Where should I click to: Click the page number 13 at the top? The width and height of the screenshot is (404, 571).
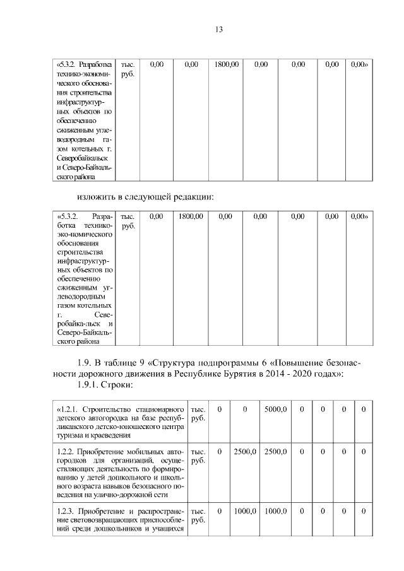pos(219,30)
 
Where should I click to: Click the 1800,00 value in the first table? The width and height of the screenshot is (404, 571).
pos(227,64)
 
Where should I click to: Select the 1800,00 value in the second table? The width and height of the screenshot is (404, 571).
pos(191,216)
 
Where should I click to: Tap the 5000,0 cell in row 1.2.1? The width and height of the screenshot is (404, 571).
pos(276,410)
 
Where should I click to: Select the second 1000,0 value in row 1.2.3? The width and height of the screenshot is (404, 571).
pos(276,511)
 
